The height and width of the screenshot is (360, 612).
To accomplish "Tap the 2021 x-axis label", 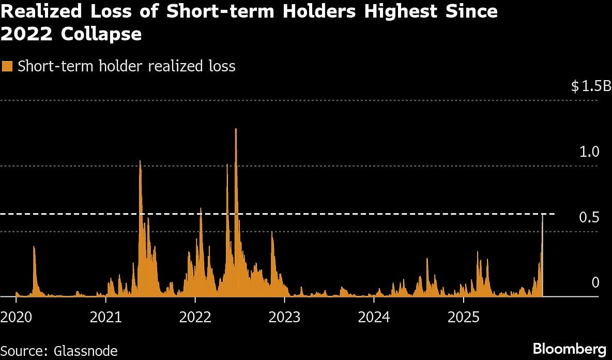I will click(x=106, y=317).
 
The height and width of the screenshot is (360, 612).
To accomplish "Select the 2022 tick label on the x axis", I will click(x=195, y=317).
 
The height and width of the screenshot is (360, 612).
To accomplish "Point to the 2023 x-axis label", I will click(x=285, y=317).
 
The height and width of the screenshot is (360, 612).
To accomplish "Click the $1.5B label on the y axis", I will click(x=591, y=86).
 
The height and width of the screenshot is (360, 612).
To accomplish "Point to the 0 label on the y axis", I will click(x=595, y=282).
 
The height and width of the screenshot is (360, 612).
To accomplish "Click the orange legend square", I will click(x=7, y=66).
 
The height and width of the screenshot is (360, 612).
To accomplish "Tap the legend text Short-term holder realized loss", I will click(x=127, y=66).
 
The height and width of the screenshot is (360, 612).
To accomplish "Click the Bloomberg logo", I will click(x=569, y=348).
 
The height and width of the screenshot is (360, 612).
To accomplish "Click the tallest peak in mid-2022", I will click(x=236, y=129).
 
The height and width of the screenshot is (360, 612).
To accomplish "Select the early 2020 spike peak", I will click(x=34, y=247).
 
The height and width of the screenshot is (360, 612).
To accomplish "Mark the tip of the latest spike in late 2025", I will click(x=542, y=214).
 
